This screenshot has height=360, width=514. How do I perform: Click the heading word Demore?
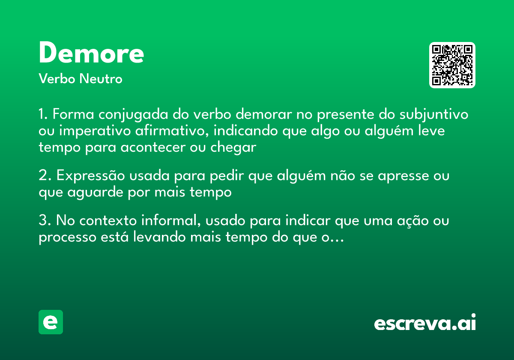coord(91,53)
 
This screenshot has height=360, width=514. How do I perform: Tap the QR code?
coord(452,65)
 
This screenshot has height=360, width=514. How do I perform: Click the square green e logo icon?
coord(51,322)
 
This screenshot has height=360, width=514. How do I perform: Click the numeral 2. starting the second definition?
coord(45,176)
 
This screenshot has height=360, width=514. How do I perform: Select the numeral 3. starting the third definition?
coord(45,222)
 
